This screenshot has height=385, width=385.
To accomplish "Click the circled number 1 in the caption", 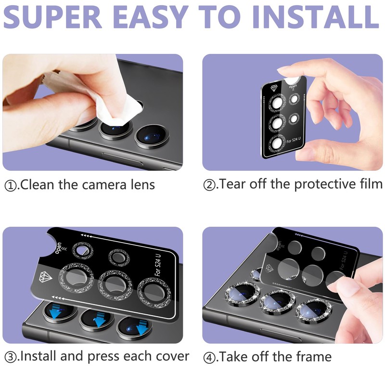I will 10,185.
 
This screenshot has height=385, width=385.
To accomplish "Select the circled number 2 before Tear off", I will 209,185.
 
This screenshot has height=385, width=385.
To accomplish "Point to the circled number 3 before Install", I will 10,358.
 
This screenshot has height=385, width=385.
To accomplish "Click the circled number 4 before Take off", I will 209,358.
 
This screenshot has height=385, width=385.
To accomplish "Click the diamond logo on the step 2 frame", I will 273,89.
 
